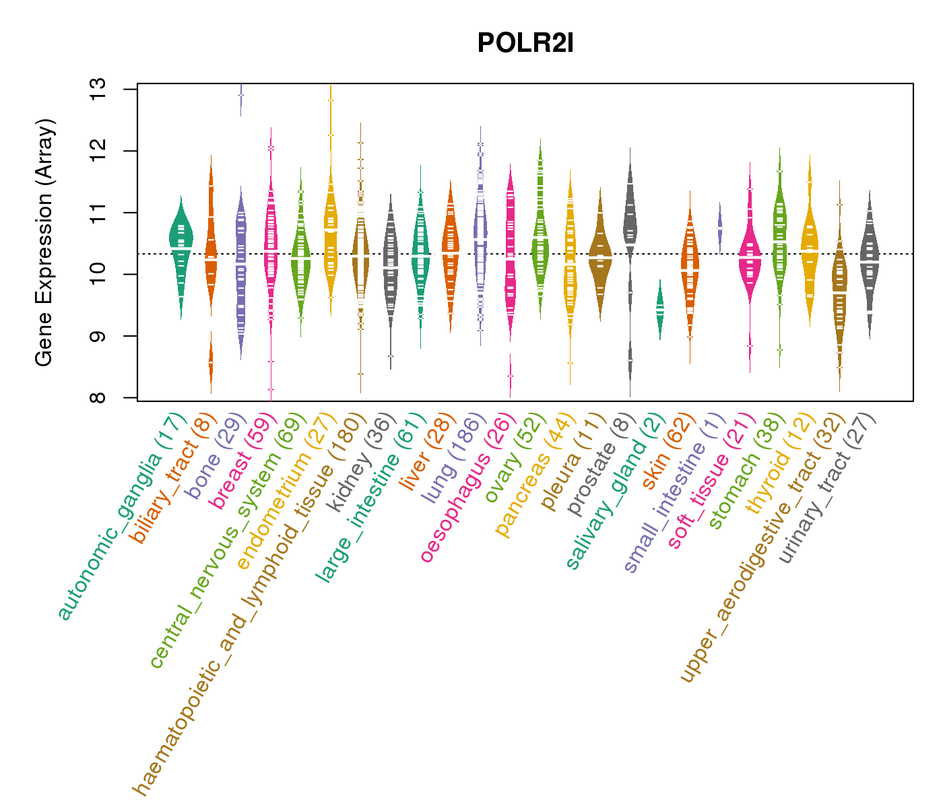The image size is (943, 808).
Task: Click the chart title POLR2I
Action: tap(525, 43)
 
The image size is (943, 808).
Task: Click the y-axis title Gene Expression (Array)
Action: tap(44, 242)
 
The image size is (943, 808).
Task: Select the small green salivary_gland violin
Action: tap(660, 309)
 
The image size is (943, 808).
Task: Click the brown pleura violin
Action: tap(600, 257)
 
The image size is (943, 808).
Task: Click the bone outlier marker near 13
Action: tap(240, 96)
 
